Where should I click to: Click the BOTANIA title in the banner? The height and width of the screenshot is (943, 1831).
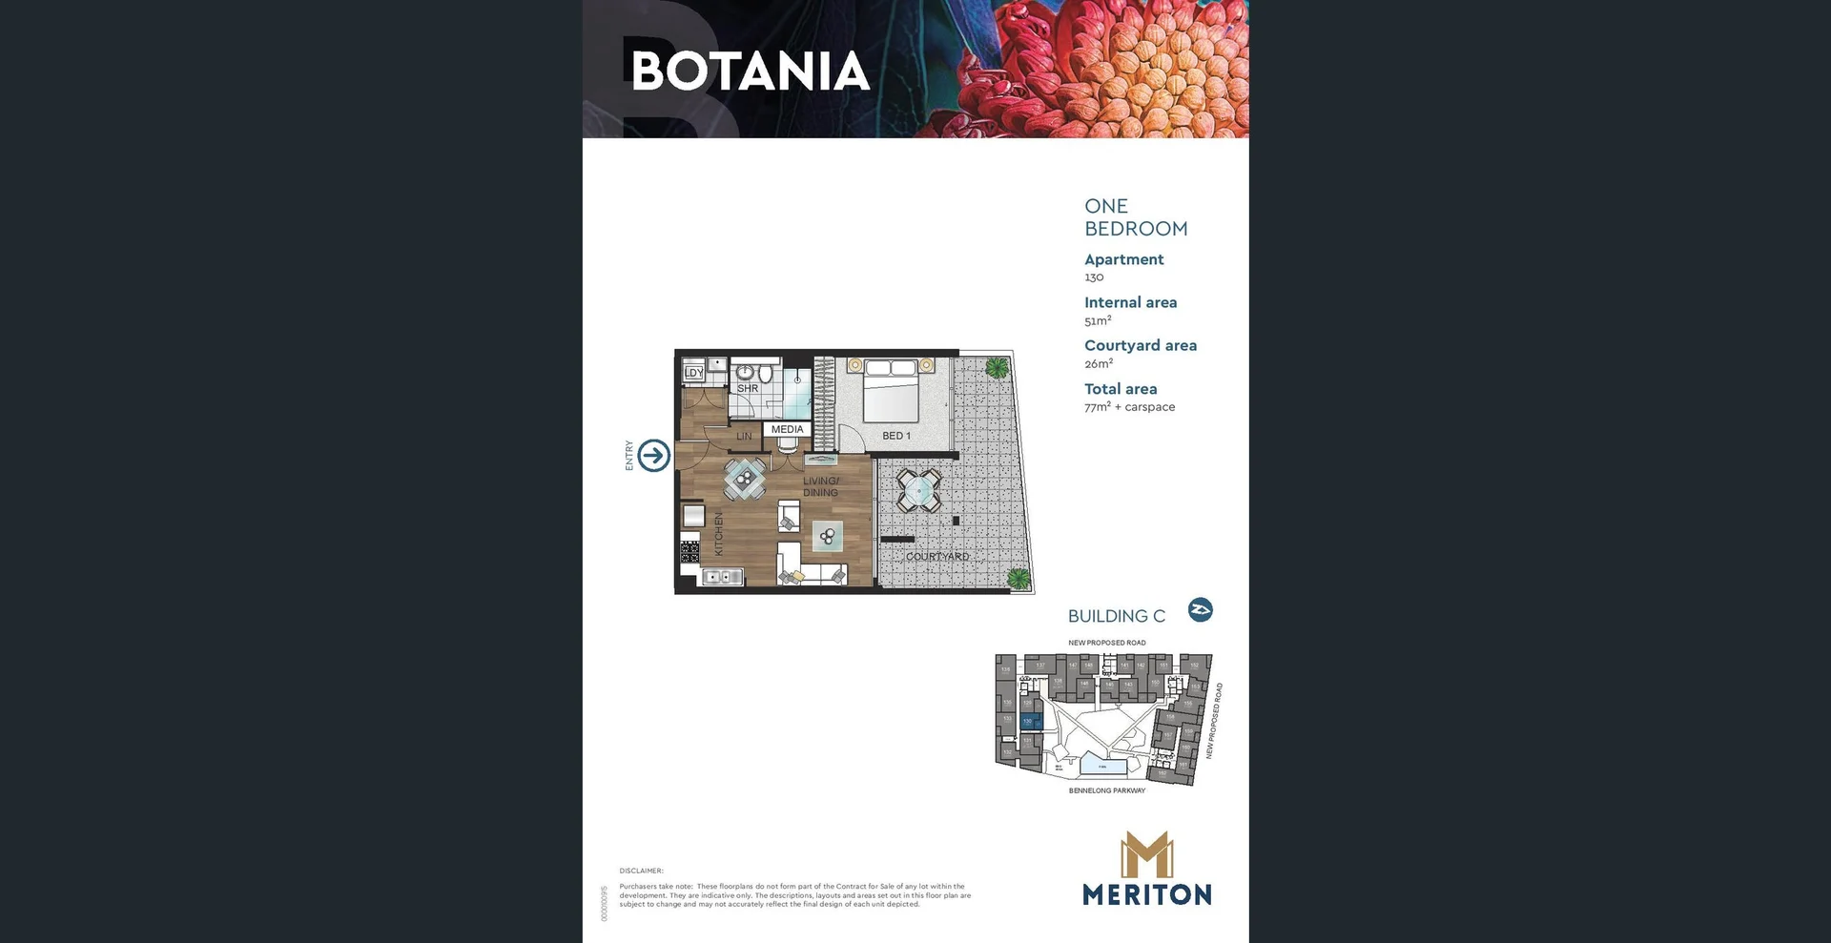click(x=750, y=72)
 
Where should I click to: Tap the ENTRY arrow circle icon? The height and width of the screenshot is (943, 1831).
click(x=654, y=456)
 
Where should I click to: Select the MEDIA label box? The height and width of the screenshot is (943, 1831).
click(x=787, y=429)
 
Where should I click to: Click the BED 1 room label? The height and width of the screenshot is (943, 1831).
click(x=895, y=436)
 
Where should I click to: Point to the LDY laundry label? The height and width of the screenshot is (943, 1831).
click(x=694, y=373)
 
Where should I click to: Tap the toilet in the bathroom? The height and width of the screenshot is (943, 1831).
click(x=765, y=373)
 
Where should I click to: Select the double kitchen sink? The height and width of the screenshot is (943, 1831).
click(x=722, y=576)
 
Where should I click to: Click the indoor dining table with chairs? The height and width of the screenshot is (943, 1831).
click(x=744, y=479)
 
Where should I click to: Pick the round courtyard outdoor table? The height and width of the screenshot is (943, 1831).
click(x=918, y=491)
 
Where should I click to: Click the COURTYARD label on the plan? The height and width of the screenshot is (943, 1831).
click(x=936, y=556)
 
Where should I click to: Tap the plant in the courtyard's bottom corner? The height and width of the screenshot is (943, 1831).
click(x=1019, y=578)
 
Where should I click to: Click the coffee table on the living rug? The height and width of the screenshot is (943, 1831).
click(x=827, y=537)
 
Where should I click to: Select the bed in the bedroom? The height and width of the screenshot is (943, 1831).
click(x=891, y=391)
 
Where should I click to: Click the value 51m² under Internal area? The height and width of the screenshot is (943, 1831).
click(x=1097, y=321)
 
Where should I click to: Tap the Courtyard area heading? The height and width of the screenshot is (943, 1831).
click(x=1140, y=345)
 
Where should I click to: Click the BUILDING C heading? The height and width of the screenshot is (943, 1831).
click(x=1116, y=616)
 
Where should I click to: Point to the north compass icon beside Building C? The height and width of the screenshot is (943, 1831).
click(x=1200, y=610)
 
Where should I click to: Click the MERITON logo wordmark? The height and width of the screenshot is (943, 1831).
click(x=1146, y=894)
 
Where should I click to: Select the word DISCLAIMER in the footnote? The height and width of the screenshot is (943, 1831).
click(x=641, y=871)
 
